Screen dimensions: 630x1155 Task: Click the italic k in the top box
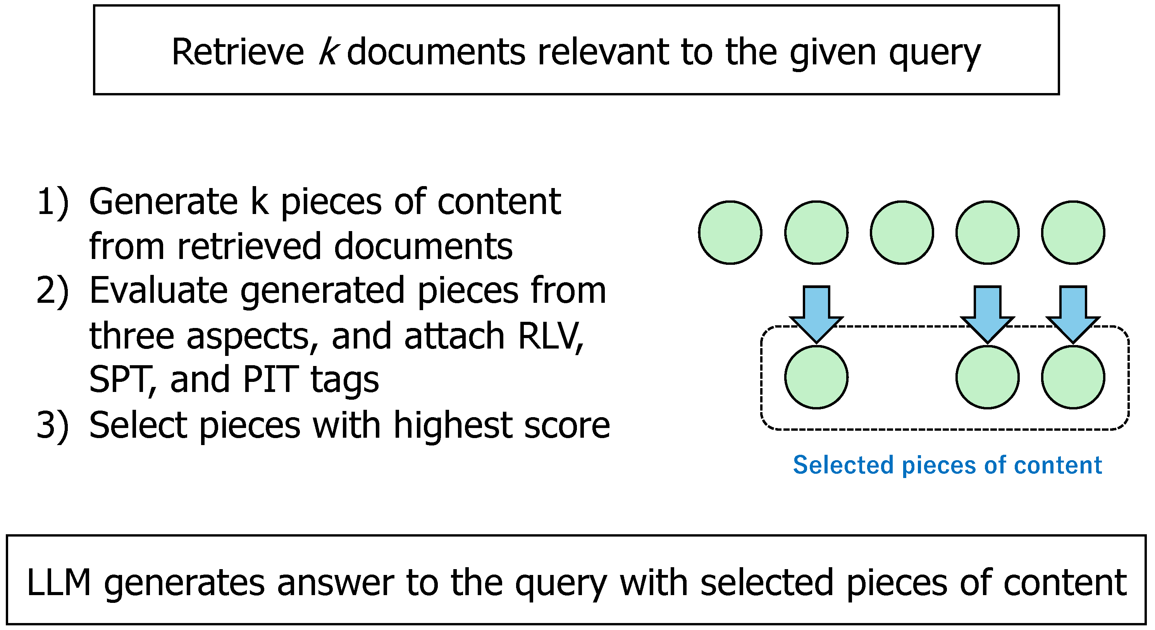[327, 52]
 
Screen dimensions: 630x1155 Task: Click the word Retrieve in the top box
[238, 52]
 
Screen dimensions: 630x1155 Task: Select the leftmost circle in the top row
[730, 233]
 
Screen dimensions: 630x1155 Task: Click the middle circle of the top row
[902, 233]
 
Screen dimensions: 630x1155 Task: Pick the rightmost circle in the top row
[1073, 233]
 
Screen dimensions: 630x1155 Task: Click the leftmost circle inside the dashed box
[816, 377]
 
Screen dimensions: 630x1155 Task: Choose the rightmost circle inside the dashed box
[1073, 377]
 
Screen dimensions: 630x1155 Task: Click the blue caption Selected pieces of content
[947, 465]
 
